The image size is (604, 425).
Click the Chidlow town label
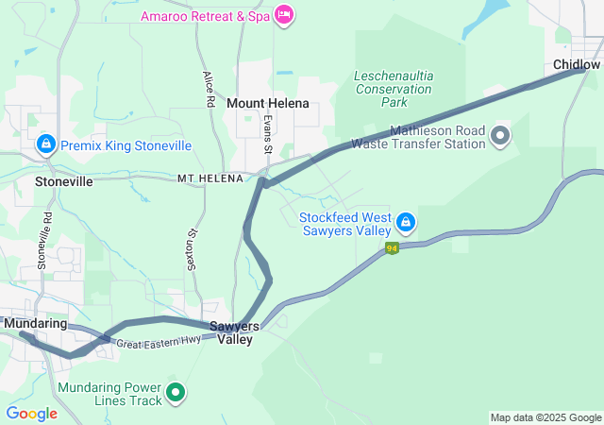pyautogui.click(x=576, y=64)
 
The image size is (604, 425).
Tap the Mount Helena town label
pyautogui.click(x=268, y=103)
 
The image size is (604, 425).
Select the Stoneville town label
pyautogui.click(x=63, y=180)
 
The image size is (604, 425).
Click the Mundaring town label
pyautogui.click(x=36, y=323)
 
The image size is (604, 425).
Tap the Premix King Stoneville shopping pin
pyautogui.click(x=44, y=144)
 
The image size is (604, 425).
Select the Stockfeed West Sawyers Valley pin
pyautogui.click(x=405, y=223)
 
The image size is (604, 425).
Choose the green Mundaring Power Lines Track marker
pyautogui.click(x=176, y=393)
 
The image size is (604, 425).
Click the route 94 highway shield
pyautogui.click(x=392, y=248)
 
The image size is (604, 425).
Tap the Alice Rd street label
pyautogui.click(x=209, y=89)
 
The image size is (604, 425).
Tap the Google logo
pyautogui.click(x=31, y=414)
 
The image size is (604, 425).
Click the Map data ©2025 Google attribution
pyautogui.click(x=545, y=417)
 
